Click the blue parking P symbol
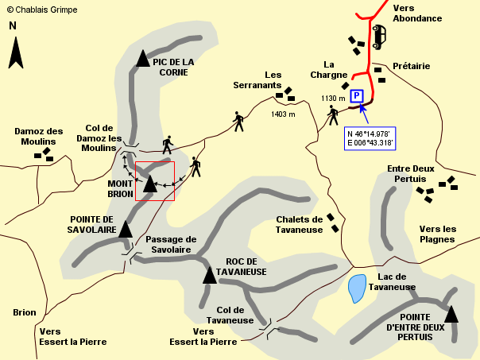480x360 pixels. [x=357, y=95]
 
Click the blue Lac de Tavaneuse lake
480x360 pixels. [x=357, y=288]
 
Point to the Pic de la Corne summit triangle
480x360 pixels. [x=142, y=58]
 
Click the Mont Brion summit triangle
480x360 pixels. [x=150, y=183]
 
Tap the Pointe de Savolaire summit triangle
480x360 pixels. [x=125, y=230]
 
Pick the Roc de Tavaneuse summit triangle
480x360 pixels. [x=210, y=275]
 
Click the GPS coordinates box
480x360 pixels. [x=370, y=137]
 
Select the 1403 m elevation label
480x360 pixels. [x=283, y=114]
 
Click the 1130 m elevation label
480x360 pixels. [x=333, y=99]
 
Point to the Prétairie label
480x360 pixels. [x=411, y=67]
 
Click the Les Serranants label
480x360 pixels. [x=257, y=79]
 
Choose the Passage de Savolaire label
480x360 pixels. [x=171, y=244]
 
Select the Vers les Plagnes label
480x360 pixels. [x=438, y=234]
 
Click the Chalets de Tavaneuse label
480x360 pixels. [x=299, y=224]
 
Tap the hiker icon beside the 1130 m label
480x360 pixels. [x=333, y=116]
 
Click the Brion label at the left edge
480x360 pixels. [x=25, y=312]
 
